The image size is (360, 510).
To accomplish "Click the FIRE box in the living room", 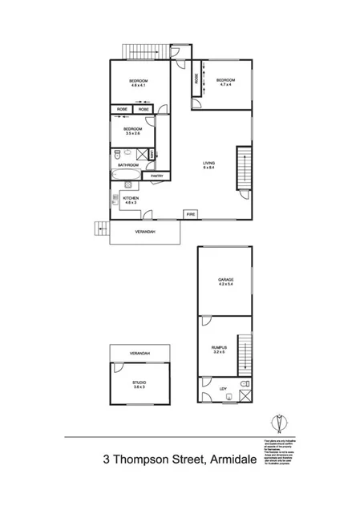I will tap(190, 215).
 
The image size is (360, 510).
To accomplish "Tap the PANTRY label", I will tap(158, 176).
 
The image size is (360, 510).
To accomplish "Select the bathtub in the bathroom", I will tap(127, 176).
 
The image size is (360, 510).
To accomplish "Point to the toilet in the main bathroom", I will tap(118, 152).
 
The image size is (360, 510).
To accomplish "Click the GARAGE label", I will tap(225, 280).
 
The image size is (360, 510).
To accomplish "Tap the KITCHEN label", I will tap(131, 198).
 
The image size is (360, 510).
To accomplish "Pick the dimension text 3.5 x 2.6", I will tap(133, 134).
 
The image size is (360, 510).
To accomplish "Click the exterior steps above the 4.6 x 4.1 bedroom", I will tap(140, 51).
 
